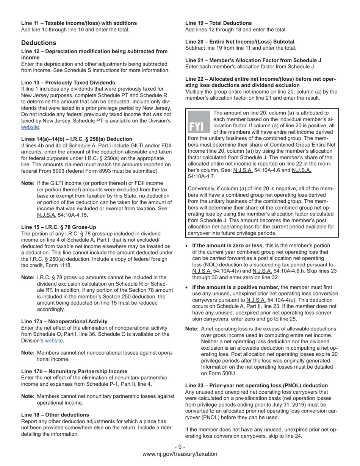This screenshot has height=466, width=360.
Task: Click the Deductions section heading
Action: click(39, 43)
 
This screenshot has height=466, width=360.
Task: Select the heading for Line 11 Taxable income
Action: click(79, 23)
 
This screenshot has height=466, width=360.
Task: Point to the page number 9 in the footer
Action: click(180, 447)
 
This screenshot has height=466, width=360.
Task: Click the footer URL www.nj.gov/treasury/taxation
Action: click(180, 454)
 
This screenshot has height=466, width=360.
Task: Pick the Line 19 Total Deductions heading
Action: click(218, 23)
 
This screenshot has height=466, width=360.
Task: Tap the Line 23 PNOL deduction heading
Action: click(256, 386)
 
